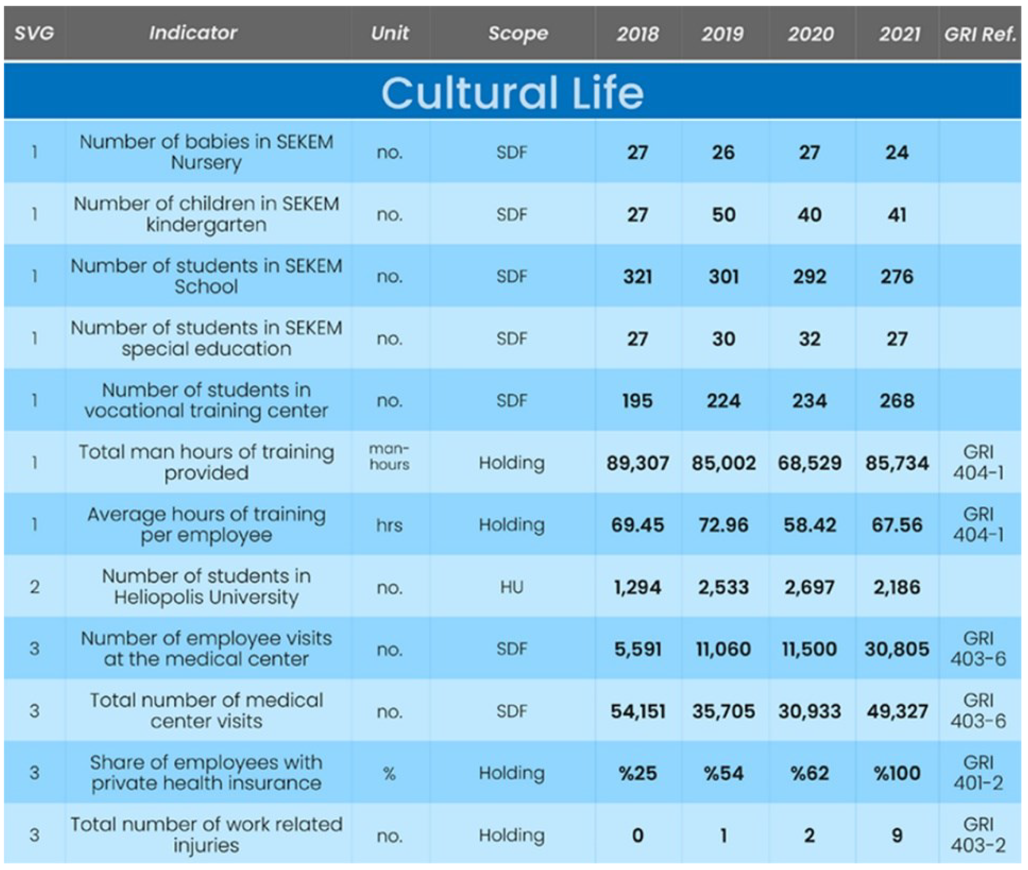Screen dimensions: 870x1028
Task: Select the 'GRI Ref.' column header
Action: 980,33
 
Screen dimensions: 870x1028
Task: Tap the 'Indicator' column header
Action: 193,33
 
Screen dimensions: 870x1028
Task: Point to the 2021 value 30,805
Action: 896,649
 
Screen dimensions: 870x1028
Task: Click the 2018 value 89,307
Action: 637,463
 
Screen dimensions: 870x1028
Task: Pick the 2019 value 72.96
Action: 723,525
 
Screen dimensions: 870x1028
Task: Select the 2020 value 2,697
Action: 809,587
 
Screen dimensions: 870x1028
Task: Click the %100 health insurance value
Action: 896,773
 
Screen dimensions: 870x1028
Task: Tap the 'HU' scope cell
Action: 511,587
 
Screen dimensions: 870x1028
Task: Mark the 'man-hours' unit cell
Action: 389,457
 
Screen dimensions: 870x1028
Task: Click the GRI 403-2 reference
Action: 978,835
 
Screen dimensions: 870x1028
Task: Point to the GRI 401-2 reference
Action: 978,773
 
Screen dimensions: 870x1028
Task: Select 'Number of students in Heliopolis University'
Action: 206,586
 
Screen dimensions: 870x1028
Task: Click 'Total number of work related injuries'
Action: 206,835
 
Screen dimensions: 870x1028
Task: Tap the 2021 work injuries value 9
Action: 897,835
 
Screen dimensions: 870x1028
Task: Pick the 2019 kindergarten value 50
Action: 723,215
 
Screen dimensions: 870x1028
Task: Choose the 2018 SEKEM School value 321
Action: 637,276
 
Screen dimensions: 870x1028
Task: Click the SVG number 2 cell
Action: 35,587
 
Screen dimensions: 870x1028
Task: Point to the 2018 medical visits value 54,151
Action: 638,711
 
